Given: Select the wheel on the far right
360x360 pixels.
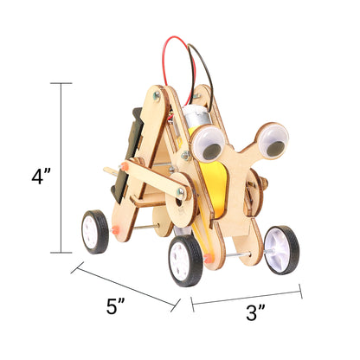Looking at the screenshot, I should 281,250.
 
